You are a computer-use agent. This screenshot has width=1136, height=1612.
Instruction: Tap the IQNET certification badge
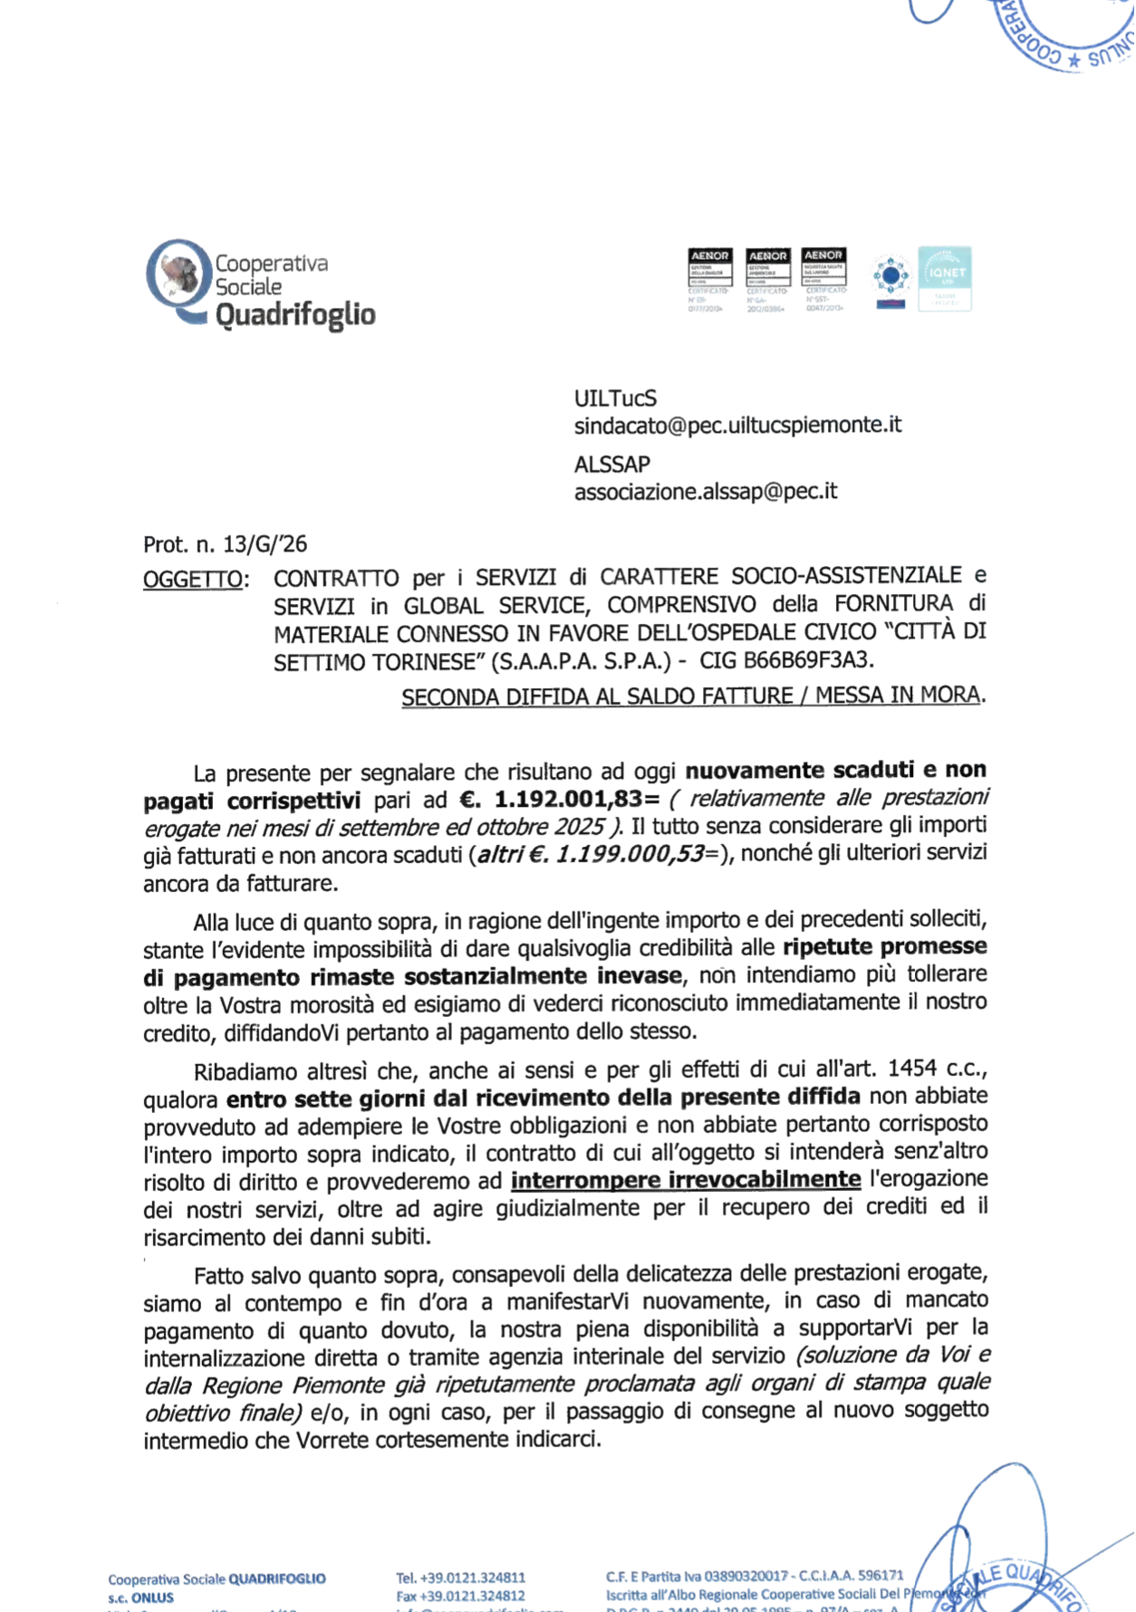click(944, 279)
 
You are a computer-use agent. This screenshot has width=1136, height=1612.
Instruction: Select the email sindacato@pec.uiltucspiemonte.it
click(737, 425)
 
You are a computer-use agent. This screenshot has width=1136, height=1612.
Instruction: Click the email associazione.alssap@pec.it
click(705, 492)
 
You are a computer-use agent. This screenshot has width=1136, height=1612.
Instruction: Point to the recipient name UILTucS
click(615, 398)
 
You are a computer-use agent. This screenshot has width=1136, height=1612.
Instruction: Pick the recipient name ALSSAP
click(611, 465)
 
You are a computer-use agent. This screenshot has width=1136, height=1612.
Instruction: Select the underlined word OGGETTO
click(192, 579)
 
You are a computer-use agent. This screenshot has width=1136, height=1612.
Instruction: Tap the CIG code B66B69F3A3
click(808, 660)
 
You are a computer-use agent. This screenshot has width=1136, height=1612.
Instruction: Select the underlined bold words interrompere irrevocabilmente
click(686, 1180)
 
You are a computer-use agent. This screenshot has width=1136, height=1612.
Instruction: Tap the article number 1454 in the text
click(912, 1069)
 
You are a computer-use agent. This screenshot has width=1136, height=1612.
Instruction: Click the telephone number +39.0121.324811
click(472, 1578)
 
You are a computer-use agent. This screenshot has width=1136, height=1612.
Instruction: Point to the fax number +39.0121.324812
click(472, 1596)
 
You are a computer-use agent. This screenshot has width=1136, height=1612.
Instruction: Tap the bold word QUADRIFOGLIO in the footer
click(276, 1578)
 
